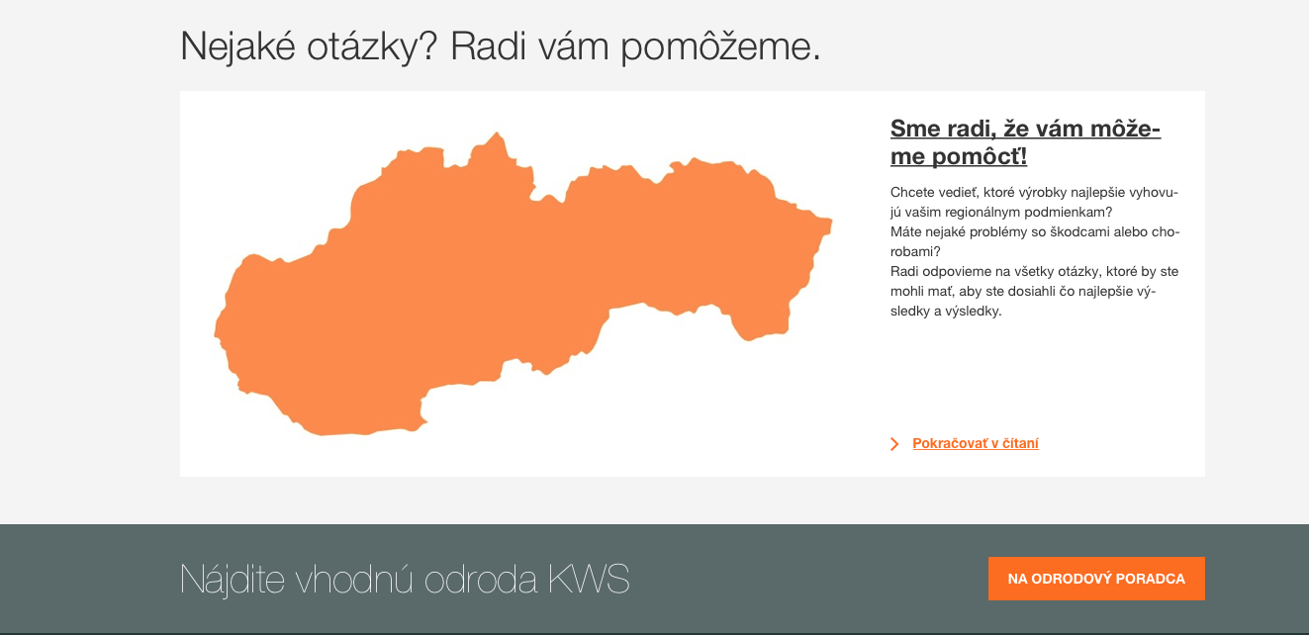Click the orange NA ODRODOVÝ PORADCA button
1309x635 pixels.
(x=1096, y=579)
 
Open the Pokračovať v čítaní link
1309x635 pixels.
(x=976, y=443)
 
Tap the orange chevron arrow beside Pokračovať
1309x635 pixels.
(x=894, y=444)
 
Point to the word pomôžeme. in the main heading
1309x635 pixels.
(x=720, y=46)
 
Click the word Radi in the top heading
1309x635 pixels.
(x=488, y=45)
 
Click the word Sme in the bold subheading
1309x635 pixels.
(x=914, y=129)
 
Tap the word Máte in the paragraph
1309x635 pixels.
(x=905, y=231)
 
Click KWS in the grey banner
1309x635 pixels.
(x=589, y=579)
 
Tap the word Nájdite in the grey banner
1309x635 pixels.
(x=233, y=580)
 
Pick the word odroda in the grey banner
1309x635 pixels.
(x=480, y=580)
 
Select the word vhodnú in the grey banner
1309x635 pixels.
(x=354, y=579)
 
